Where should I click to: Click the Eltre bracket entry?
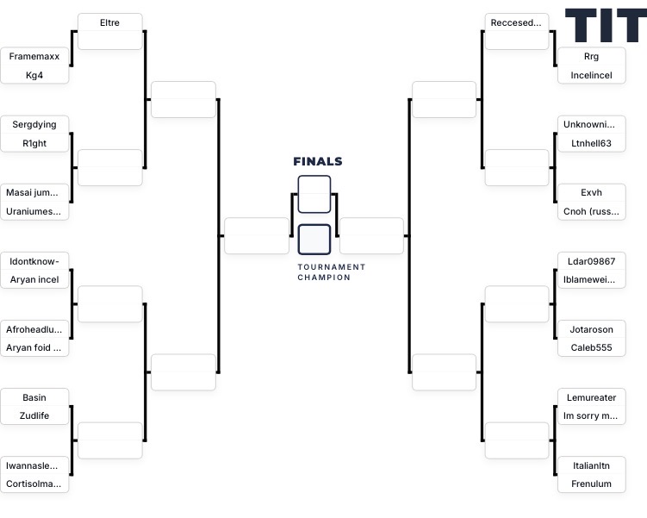109,22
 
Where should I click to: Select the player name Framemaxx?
34,56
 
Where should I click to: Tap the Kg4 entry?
34,75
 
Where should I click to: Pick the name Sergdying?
34,124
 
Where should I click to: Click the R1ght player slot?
34,143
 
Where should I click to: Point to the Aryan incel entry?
34,279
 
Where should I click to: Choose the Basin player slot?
34,397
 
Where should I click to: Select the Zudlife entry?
34,415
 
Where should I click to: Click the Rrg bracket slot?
591,56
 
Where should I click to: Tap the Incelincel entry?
591,75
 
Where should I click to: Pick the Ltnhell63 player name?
591,143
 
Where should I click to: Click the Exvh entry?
591,192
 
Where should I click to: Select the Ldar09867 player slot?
591,260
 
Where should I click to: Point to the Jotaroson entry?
591,329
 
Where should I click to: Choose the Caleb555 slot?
591,347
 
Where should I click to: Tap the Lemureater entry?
591,397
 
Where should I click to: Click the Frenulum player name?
591,484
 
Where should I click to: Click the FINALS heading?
317,161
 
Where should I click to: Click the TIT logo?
605,26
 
